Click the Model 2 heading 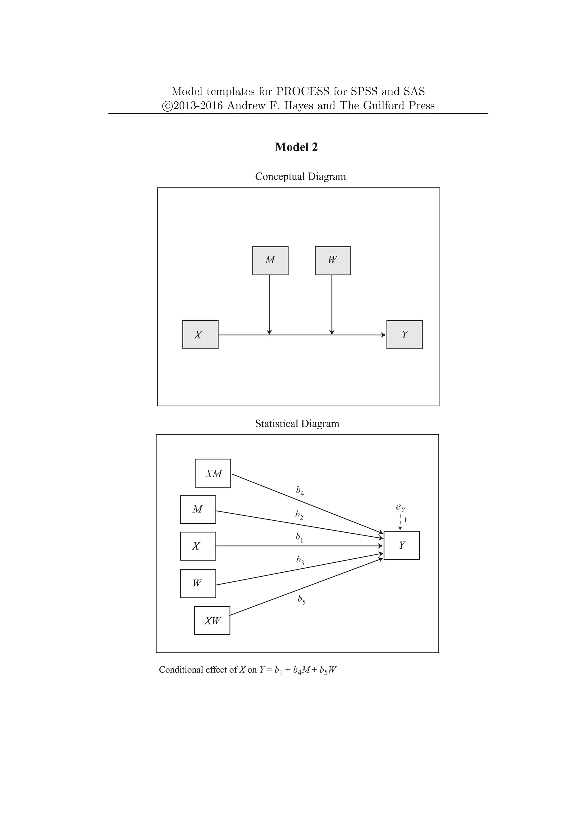pyautogui.click(x=296, y=147)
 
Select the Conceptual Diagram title pyautogui.click(x=300, y=176)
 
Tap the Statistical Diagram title pyautogui.click(x=297, y=424)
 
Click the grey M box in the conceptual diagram pyautogui.click(x=270, y=261)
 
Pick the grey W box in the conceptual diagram pyautogui.click(x=332, y=261)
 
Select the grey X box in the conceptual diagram pyautogui.click(x=200, y=334)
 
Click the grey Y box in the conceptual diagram pyautogui.click(x=404, y=334)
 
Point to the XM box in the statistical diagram pyautogui.click(x=213, y=473)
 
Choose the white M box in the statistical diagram pyautogui.click(x=198, y=509)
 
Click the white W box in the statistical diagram pyautogui.click(x=198, y=583)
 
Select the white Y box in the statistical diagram pyautogui.click(x=401, y=545)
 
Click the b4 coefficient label pyautogui.click(x=300, y=491)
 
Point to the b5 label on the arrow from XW pyautogui.click(x=301, y=599)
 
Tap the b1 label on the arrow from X pyautogui.click(x=299, y=537)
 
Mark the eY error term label pyautogui.click(x=400, y=507)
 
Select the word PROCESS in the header pyautogui.click(x=302, y=92)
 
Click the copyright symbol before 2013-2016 pyautogui.click(x=167, y=106)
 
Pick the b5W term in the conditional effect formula pyautogui.click(x=328, y=670)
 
